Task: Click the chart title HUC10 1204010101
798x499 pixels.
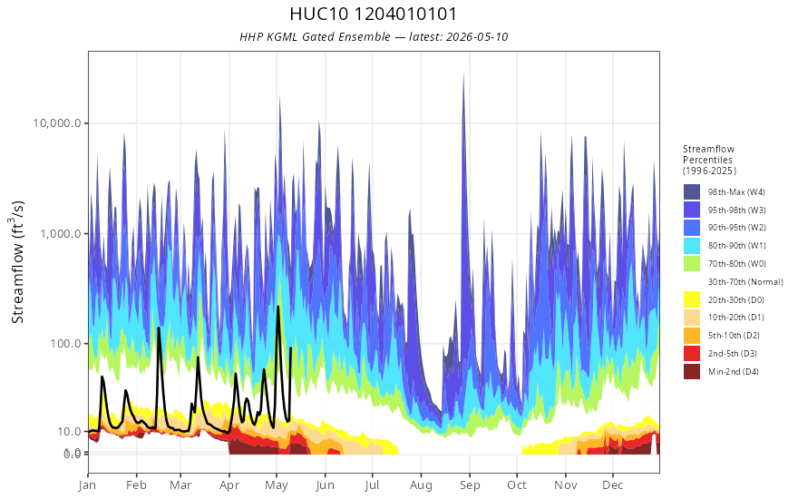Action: pyautogui.click(x=373, y=14)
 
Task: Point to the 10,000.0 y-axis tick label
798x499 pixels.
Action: pyautogui.click(x=57, y=123)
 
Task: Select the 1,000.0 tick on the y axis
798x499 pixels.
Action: pyautogui.click(x=60, y=234)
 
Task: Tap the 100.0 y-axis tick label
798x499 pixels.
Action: pyautogui.click(x=65, y=344)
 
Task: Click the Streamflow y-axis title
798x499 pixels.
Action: pyautogui.click(x=17, y=261)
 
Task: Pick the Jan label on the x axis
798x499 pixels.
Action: pyautogui.click(x=88, y=484)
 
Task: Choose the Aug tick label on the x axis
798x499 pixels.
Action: pyautogui.click(x=421, y=484)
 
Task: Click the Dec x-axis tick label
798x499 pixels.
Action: pyautogui.click(x=613, y=484)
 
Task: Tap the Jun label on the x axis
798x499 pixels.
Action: pyautogui.click(x=325, y=484)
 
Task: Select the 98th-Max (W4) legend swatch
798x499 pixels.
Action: pyautogui.click(x=692, y=192)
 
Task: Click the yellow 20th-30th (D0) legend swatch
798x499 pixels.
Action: pyautogui.click(x=692, y=299)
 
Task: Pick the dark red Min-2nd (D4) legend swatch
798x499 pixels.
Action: pyautogui.click(x=692, y=371)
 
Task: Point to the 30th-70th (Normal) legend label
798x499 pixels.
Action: pyautogui.click(x=745, y=281)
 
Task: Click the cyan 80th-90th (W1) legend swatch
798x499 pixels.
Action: pyautogui.click(x=692, y=246)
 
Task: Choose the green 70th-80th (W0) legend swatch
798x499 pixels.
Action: pyautogui.click(x=692, y=264)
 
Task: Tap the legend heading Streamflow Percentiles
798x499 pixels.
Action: pyautogui.click(x=709, y=160)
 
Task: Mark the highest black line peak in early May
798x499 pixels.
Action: pyautogui.click(x=277, y=307)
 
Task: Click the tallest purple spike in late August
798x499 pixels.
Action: pyautogui.click(x=463, y=73)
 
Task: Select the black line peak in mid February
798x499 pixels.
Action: pyautogui.click(x=159, y=328)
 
